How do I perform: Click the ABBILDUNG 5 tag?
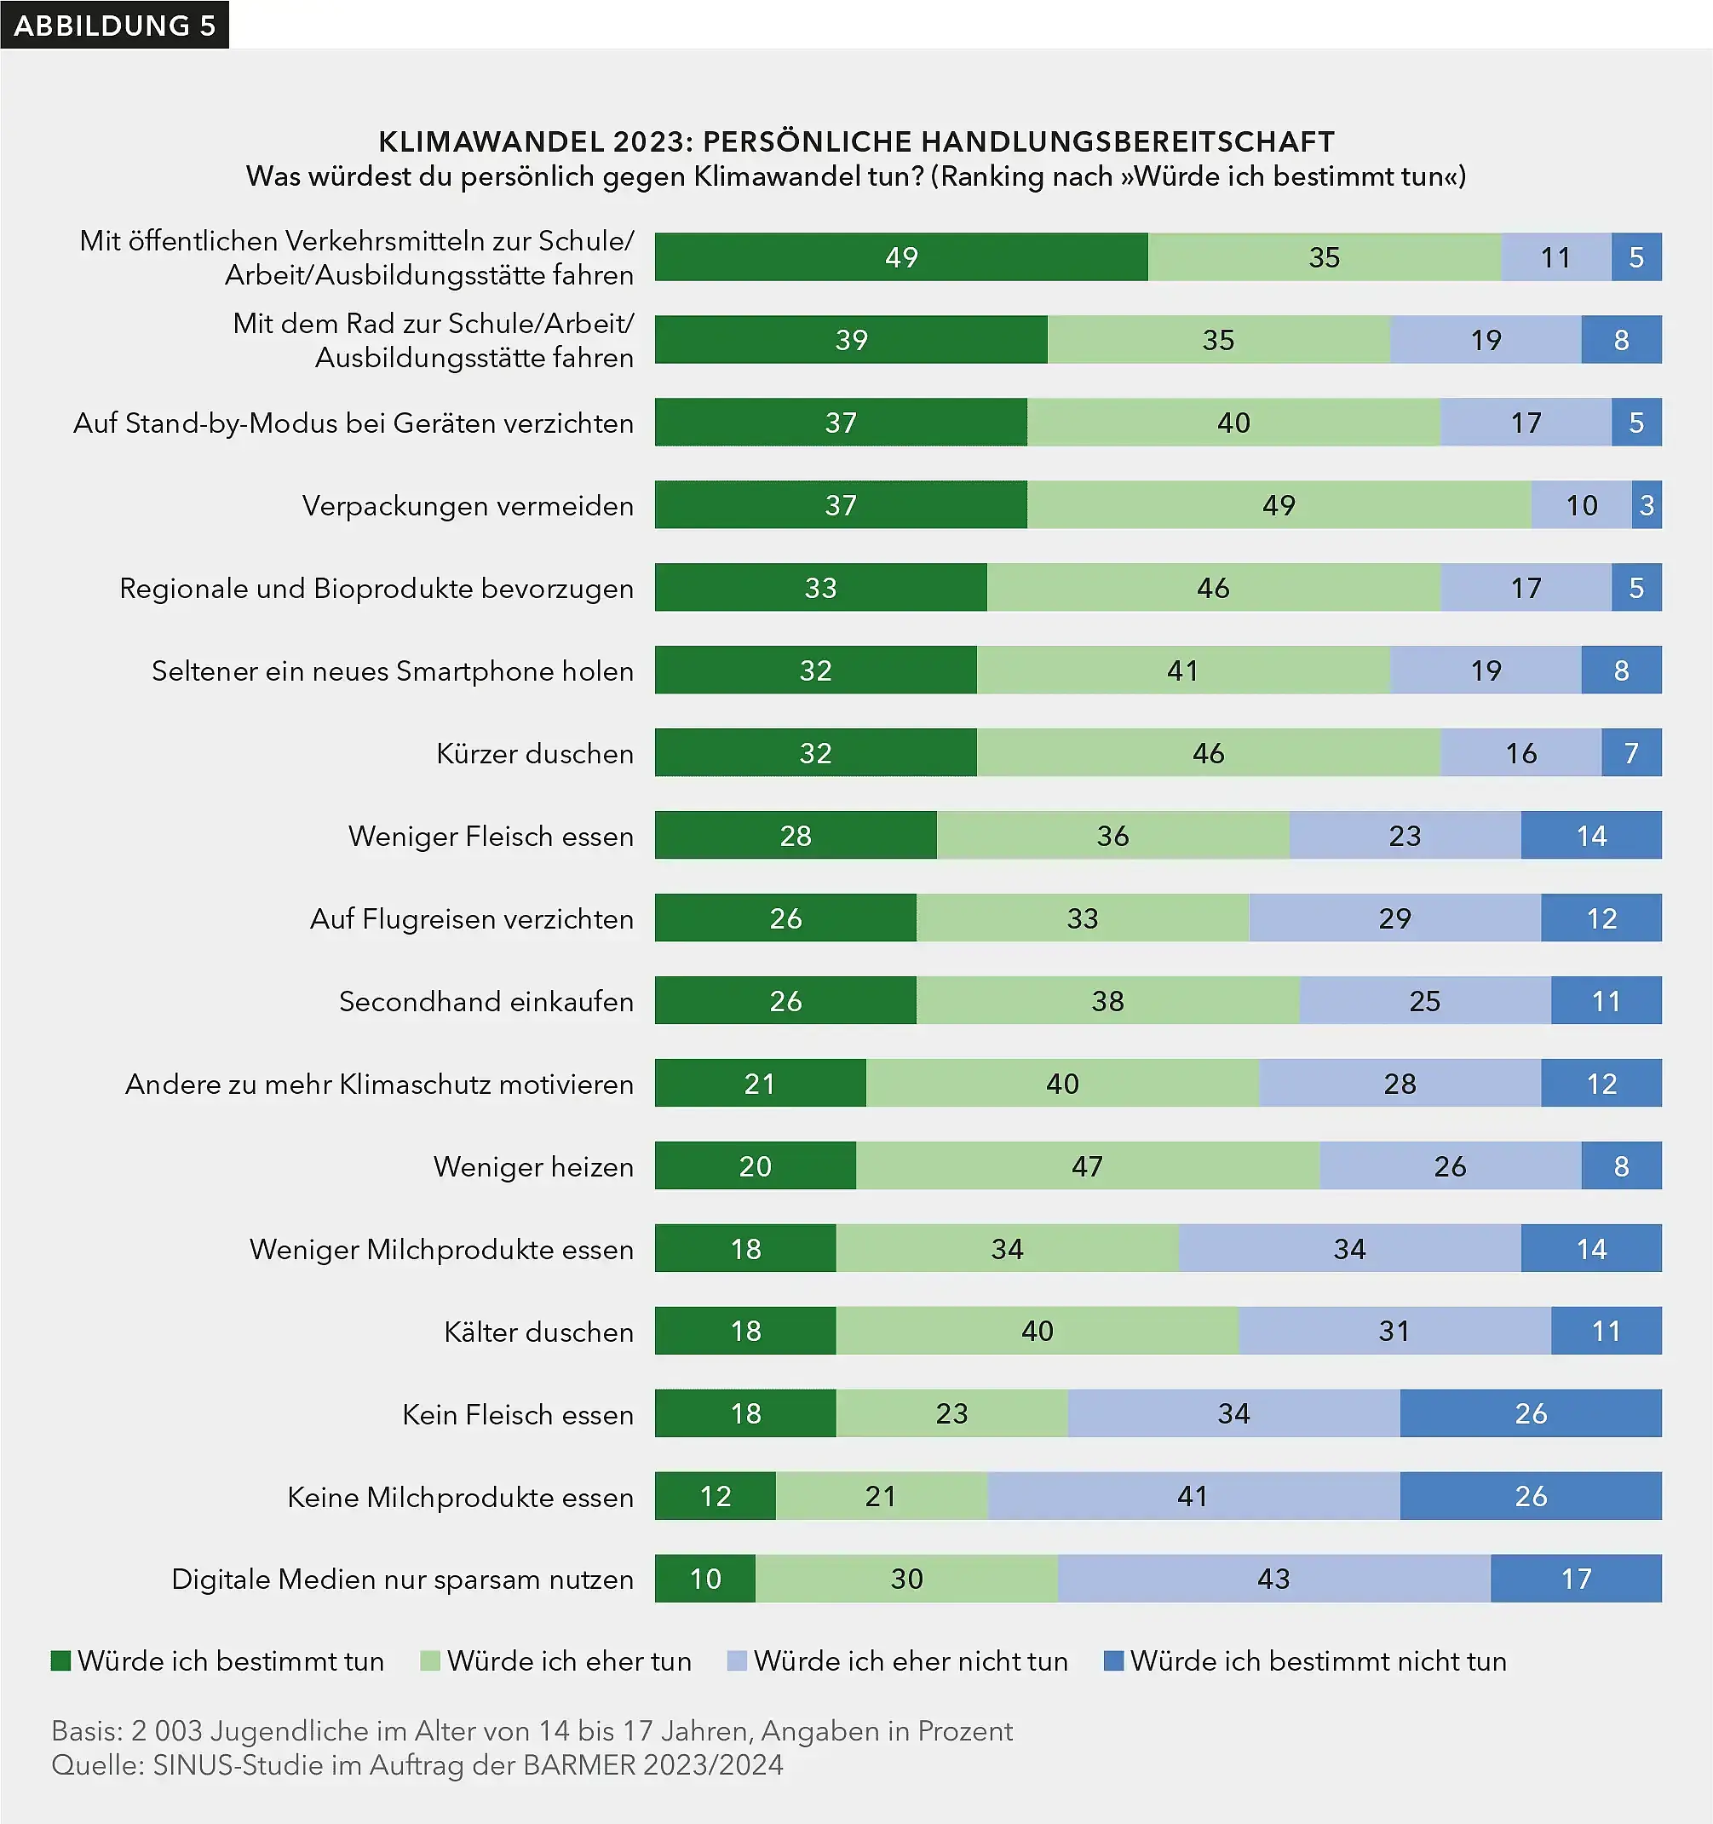[x=115, y=25]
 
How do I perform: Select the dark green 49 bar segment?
[x=900, y=257]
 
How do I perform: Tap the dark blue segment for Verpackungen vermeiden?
[x=1646, y=504]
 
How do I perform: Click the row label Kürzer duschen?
[x=535, y=753]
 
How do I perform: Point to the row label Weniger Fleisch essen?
[x=491, y=836]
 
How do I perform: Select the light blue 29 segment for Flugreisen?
[x=1394, y=918]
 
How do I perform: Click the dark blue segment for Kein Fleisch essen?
[x=1530, y=1413]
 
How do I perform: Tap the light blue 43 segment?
[x=1273, y=1578]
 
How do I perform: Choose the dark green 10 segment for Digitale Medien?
[x=704, y=1578]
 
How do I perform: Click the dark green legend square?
[x=61, y=1660]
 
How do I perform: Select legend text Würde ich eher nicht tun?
[x=911, y=1660]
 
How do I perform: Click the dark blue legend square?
[x=1113, y=1660]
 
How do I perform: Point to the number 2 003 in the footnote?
[x=165, y=1730]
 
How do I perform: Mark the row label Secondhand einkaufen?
[x=486, y=1001]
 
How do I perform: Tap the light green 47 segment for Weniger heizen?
[x=1086, y=1165]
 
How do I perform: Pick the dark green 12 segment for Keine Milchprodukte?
[x=715, y=1495]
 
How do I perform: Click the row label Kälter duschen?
[x=538, y=1332]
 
